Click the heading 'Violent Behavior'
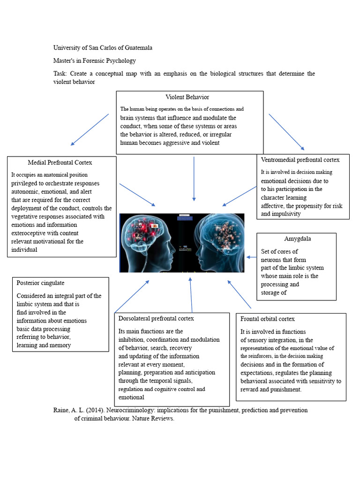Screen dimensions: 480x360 187,97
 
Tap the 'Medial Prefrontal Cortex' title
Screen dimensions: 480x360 60,163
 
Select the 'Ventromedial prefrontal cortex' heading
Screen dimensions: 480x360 300,160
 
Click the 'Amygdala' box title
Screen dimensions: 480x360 297,239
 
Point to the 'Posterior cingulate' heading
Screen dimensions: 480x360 40,283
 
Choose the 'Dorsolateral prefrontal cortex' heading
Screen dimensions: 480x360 156,319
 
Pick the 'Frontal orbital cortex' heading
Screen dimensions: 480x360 268,319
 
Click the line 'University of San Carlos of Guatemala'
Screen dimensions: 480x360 103,48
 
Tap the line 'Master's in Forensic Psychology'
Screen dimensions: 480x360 95,60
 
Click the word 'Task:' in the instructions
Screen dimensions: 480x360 60,74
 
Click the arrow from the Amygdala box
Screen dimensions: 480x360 252,257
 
